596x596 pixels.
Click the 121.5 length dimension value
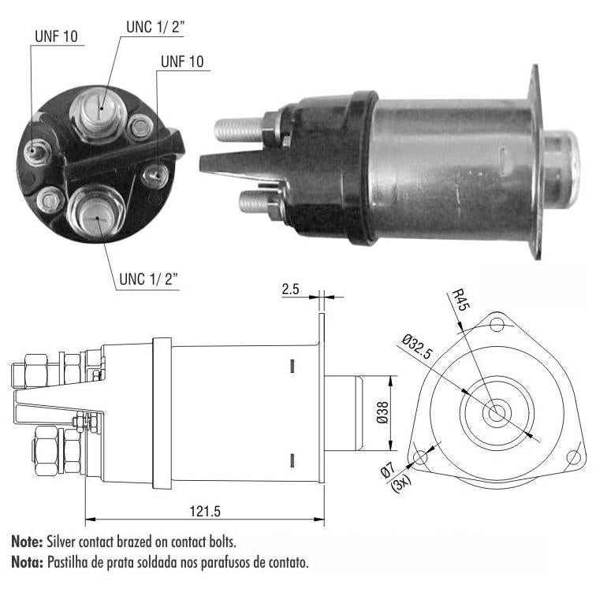pyautogui.click(x=205, y=511)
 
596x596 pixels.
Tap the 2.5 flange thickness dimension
pyautogui.click(x=290, y=289)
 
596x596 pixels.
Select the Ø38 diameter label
pyautogui.click(x=382, y=412)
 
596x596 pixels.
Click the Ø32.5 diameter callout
pyautogui.click(x=417, y=346)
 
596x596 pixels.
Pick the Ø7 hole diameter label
pyautogui.click(x=388, y=470)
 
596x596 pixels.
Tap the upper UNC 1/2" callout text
pyautogui.click(x=155, y=27)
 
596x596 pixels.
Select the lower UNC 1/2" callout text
pyautogui.click(x=149, y=279)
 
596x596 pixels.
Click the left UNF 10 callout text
pyautogui.click(x=56, y=36)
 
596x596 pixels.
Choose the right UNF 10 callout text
pyautogui.click(x=182, y=61)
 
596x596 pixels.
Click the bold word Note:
pyautogui.click(x=27, y=542)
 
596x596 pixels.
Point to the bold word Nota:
pyautogui.click(x=28, y=562)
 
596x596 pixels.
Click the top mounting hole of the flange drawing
pyautogui.click(x=497, y=326)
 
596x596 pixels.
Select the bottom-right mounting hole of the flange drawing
pyautogui.click(x=574, y=456)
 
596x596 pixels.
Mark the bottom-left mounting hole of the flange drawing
pyautogui.click(x=421, y=456)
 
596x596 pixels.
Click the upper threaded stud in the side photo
pyautogui.click(x=239, y=129)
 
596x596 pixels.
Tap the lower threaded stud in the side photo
pyautogui.click(x=254, y=202)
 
